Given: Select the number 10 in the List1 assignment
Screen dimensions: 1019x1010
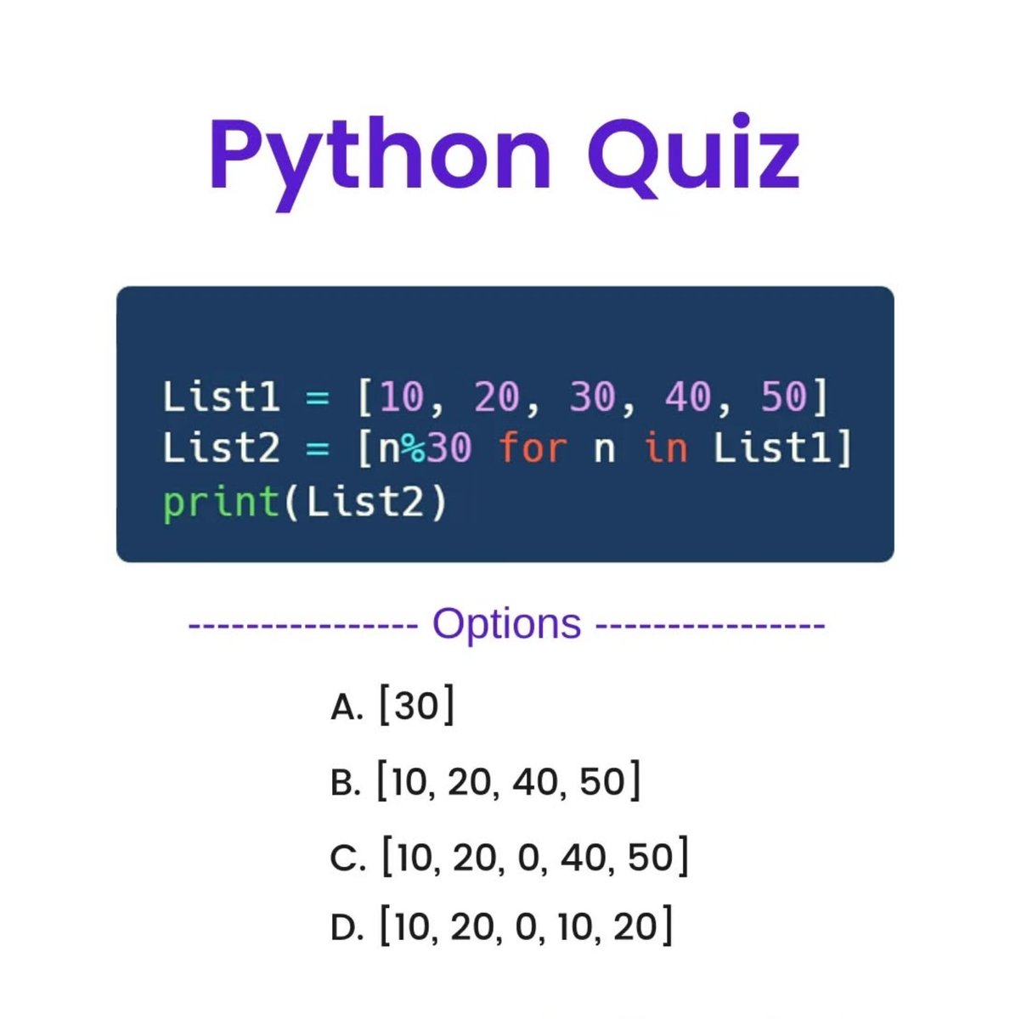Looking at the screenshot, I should click(x=401, y=397).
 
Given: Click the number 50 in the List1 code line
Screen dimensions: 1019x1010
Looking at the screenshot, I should click(x=783, y=397).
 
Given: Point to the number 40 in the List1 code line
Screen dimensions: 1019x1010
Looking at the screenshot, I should click(x=688, y=397).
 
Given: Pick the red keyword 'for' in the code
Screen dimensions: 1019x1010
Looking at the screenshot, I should click(x=532, y=448).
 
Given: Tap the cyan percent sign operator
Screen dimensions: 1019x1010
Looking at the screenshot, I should click(x=414, y=448).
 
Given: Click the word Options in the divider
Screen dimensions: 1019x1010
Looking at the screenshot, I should click(x=506, y=624).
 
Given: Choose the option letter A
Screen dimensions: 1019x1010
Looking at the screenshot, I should click(x=346, y=707).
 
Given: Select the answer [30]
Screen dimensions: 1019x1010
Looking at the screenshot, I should click(x=415, y=706).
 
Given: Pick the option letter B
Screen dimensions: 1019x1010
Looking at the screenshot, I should click(x=346, y=783).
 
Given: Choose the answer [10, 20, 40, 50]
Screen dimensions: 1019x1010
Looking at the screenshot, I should click(x=508, y=781).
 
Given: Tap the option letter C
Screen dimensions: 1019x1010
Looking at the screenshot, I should click(x=347, y=859).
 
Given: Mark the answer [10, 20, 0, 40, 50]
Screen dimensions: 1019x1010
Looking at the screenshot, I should click(x=534, y=857).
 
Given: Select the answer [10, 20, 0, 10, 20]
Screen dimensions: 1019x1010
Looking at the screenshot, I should click(x=526, y=926).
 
